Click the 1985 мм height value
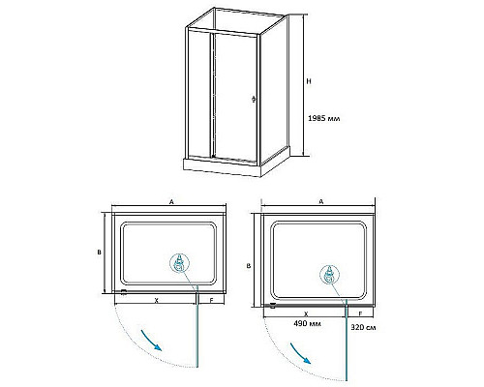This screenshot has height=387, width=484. pos(324,118)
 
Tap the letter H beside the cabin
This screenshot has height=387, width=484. pos(309,81)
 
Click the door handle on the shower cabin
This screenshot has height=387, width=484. pos(254,99)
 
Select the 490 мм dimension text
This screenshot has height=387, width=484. pos(307,323)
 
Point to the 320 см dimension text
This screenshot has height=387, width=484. pos(363,327)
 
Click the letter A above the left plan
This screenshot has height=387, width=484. pos(172,202)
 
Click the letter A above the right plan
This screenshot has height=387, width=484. pos(321,201)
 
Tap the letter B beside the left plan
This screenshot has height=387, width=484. pos(100,253)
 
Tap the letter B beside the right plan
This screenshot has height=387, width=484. pos(249,266)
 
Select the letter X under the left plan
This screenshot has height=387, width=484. pos(156,300)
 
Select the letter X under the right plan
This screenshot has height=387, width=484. pos(306,313)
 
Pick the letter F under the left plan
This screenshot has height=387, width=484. pos(212,300)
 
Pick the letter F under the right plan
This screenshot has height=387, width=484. pos(360,313)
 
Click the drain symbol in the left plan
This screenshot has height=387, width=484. pos(179,263)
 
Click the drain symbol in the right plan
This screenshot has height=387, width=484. pos(329,275)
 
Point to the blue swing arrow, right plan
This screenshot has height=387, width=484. pos(300,353)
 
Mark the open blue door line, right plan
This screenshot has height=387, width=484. pos(347,340)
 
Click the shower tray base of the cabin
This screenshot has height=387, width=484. pos(222,167)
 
